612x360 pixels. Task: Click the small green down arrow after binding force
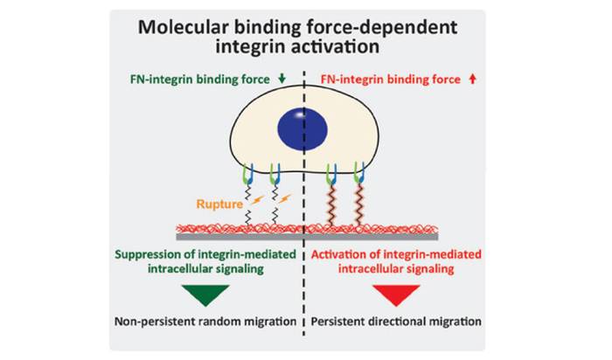point(282,79)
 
